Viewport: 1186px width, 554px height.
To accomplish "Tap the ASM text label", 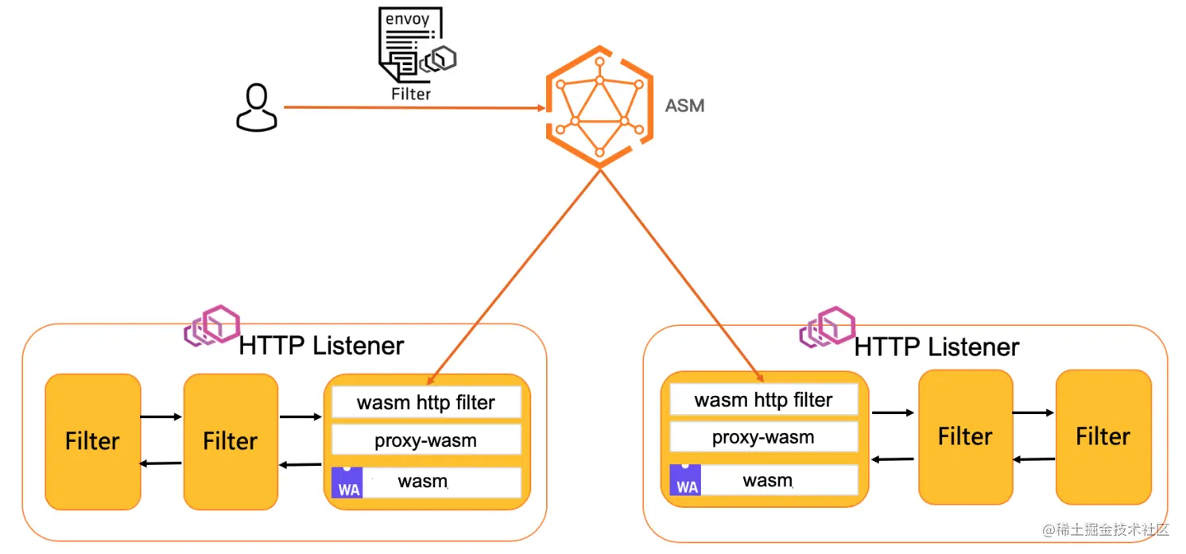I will (x=684, y=105).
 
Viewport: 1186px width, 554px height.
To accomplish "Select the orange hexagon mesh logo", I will (x=599, y=107).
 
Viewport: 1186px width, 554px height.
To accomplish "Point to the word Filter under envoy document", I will (x=411, y=94).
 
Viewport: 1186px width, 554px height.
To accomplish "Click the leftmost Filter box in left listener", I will (x=93, y=441).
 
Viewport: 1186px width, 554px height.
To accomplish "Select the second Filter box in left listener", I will (x=231, y=441).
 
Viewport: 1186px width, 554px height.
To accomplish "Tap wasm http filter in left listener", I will (x=426, y=402).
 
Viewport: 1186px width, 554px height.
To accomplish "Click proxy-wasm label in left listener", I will (x=426, y=440).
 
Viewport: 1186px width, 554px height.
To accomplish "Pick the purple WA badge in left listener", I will (x=347, y=482).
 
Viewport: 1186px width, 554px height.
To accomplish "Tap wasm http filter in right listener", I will (x=764, y=400).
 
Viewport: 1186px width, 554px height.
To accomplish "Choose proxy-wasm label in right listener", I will (x=763, y=437).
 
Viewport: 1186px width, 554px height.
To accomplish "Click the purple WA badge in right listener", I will (x=684, y=480).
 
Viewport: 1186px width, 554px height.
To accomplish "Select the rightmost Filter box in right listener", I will (x=1103, y=436).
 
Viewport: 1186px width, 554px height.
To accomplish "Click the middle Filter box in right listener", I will (x=965, y=436).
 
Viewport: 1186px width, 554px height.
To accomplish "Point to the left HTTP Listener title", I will (x=321, y=346).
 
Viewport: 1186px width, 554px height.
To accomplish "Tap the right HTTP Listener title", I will (x=936, y=347).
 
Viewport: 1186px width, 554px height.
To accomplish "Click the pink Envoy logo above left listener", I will (x=211, y=325).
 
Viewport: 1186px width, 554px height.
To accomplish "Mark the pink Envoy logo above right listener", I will (x=827, y=327).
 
